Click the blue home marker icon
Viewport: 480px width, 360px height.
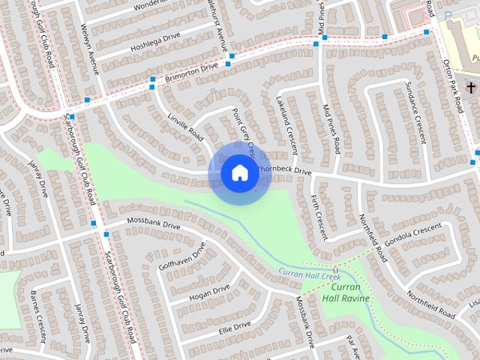pos(239,173)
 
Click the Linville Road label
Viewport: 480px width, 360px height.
pos(184,124)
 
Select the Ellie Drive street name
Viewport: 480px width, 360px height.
pos(234,326)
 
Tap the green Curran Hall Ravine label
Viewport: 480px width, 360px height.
pos(346,292)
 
